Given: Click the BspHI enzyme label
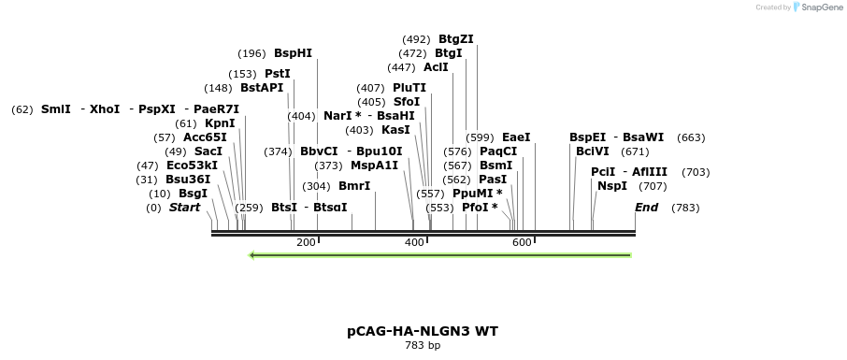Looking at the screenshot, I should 293,53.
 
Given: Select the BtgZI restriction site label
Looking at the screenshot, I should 456,39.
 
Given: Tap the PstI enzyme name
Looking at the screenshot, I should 278,74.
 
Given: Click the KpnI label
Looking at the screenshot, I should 220,123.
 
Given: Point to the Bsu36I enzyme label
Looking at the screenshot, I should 188,180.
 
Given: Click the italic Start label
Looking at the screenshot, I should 184,208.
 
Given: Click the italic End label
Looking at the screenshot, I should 647,208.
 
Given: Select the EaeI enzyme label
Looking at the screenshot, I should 516,137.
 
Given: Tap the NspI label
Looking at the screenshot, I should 612,186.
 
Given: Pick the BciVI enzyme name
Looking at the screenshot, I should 593,151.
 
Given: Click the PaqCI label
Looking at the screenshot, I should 498,151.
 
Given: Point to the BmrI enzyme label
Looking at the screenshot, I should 354,186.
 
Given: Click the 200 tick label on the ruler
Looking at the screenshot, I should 306,243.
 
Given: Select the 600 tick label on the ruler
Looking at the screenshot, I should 522,243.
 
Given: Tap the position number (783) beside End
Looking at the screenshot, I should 685,208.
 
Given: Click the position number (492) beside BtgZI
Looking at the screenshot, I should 416,39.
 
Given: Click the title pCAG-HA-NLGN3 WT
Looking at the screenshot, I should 423,331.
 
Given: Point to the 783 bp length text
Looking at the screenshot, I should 423,346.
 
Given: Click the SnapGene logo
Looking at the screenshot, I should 818,7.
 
